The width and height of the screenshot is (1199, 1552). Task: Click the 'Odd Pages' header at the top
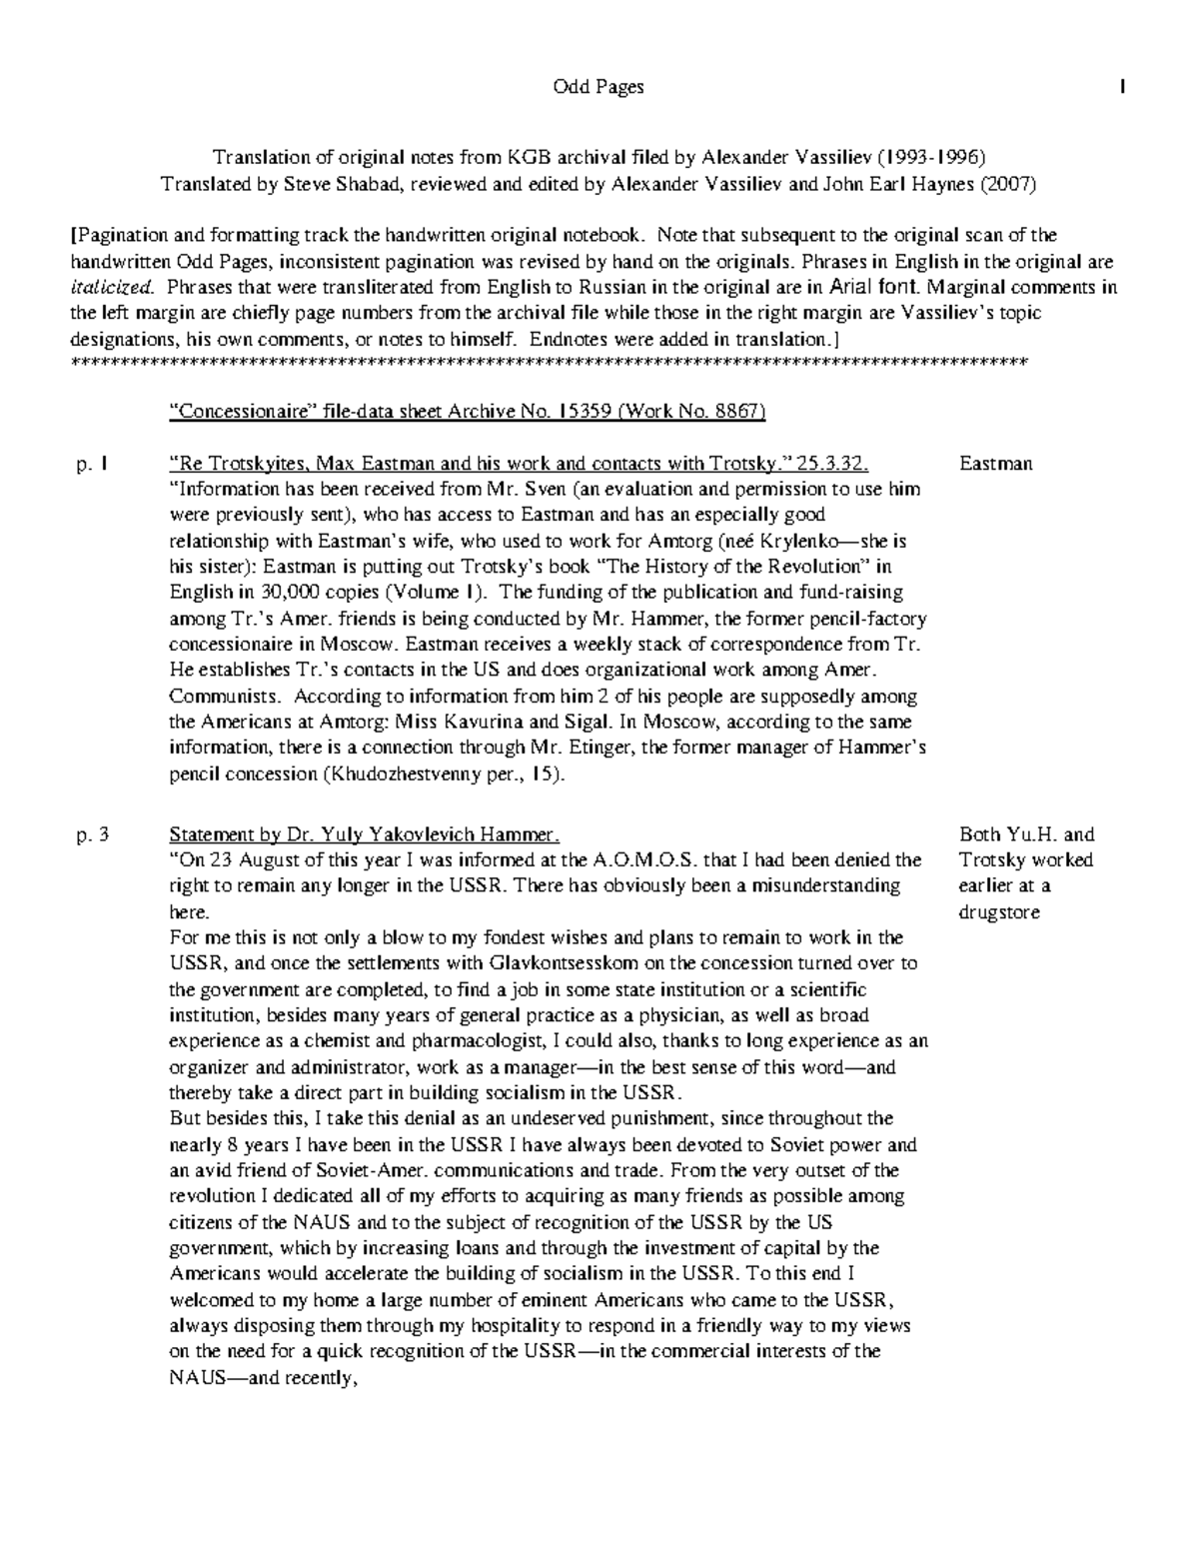click(599, 87)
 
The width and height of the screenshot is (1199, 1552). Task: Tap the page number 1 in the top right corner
click(1123, 87)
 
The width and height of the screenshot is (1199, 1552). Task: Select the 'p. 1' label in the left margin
click(91, 464)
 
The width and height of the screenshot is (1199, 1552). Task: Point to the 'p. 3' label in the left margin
click(92, 834)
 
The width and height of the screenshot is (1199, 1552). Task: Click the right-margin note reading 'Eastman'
click(995, 464)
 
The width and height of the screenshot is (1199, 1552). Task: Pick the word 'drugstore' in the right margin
click(999, 912)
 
